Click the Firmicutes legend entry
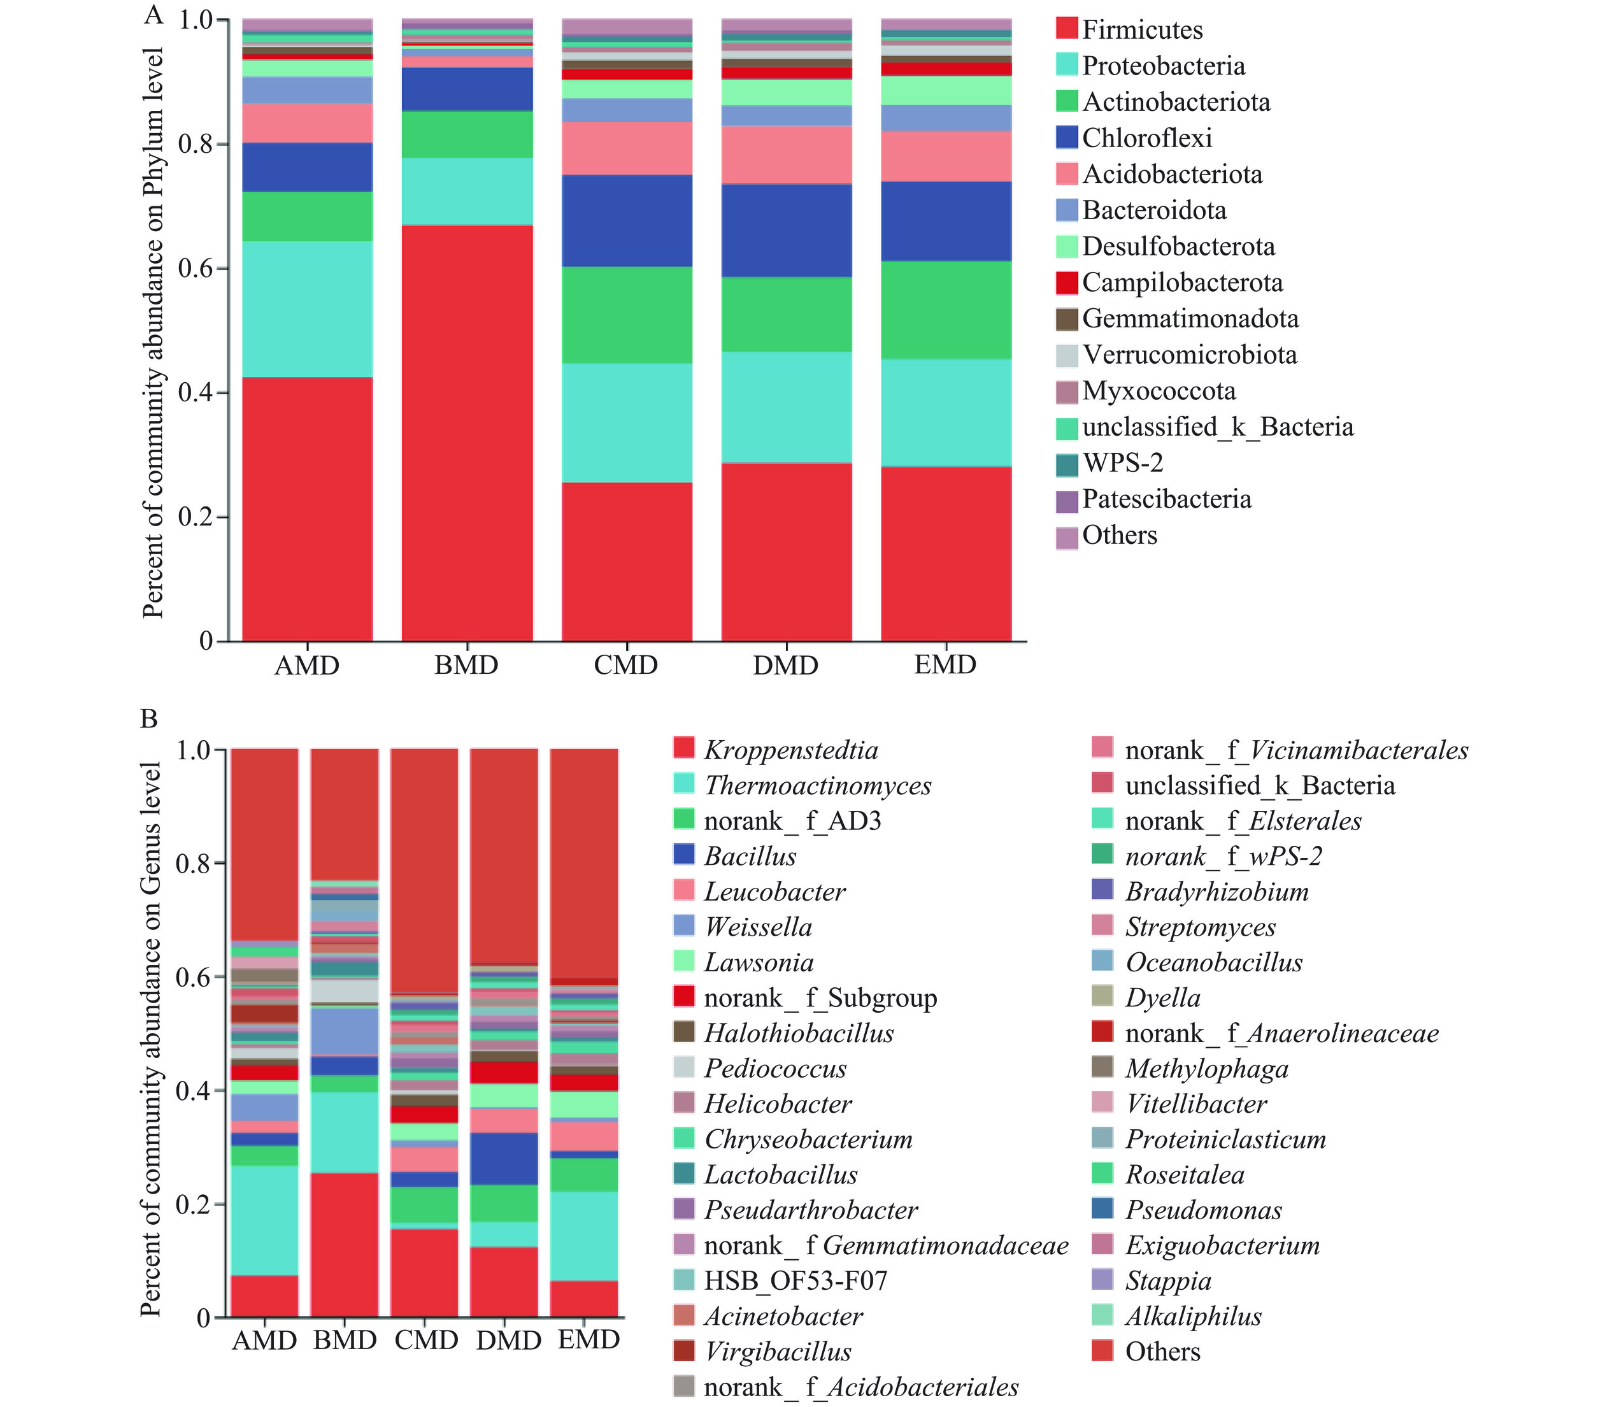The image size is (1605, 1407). point(1142,30)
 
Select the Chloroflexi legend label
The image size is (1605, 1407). point(1146,138)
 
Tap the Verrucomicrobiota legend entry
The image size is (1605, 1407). point(1189,355)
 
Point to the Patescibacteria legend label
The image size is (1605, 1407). point(1166,499)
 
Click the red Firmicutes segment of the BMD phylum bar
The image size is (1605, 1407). point(467,432)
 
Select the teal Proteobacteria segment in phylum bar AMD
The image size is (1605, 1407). point(307,308)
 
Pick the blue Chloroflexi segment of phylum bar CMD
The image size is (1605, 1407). point(627,220)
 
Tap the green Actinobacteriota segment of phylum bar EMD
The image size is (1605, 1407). point(946,310)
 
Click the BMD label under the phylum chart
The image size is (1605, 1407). point(466,665)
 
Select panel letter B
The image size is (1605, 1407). point(148,718)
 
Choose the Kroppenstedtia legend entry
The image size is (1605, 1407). point(790,750)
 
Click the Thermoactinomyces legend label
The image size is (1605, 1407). point(817,785)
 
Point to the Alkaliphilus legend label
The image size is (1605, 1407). point(1193,1316)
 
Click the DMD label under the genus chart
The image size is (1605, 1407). point(508,1340)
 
